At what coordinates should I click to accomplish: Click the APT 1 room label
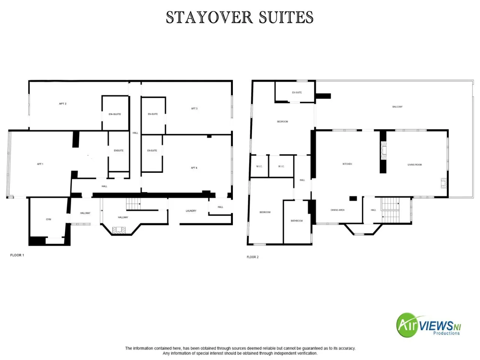pos(40,164)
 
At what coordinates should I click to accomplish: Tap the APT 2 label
pos(63,103)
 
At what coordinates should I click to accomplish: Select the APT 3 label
pos(194,108)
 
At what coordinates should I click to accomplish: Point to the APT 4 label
pos(194,168)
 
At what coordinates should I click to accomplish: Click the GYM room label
pos(48,219)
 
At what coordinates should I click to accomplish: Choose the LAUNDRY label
pos(191,211)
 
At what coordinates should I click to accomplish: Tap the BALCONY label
pos(397,106)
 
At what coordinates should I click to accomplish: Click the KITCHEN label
pos(347,164)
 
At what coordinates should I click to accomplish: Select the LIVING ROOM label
pos(414,165)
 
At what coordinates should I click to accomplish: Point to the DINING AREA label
pos(337,210)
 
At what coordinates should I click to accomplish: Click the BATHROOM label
pos(297,221)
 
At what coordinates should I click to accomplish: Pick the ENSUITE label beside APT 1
pos(118,150)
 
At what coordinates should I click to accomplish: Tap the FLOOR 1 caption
pos(17,255)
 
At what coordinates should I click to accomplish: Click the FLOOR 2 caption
pos(252,257)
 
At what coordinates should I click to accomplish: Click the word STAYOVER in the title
pos(209,17)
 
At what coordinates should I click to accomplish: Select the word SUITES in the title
pos(286,17)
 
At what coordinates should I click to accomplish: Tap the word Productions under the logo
pos(446,333)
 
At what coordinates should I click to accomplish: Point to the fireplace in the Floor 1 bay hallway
pos(119,230)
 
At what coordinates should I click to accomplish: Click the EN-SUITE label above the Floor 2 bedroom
pos(297,93)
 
